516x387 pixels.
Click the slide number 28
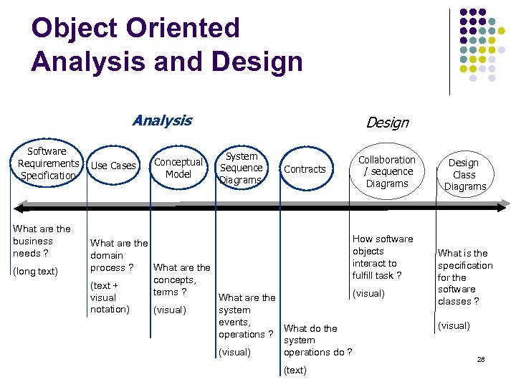[x=481, y=359]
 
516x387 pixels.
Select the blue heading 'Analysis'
[x=162, y=120]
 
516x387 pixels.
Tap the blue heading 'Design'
[x=387, y=123]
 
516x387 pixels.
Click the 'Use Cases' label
[x=114, y=166]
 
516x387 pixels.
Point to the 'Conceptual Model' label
[x=178, y=168]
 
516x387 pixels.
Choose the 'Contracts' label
[x=305, y=169]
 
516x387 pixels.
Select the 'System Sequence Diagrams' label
[x=241, y=168]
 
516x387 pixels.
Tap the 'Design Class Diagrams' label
[x=464, y=174]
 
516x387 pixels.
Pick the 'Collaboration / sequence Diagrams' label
[x=387, y=171]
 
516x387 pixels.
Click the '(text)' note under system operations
[x=295, y=370]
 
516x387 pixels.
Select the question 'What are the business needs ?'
[x=42, y=241]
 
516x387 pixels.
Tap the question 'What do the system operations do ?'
[x=318, y=340]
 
